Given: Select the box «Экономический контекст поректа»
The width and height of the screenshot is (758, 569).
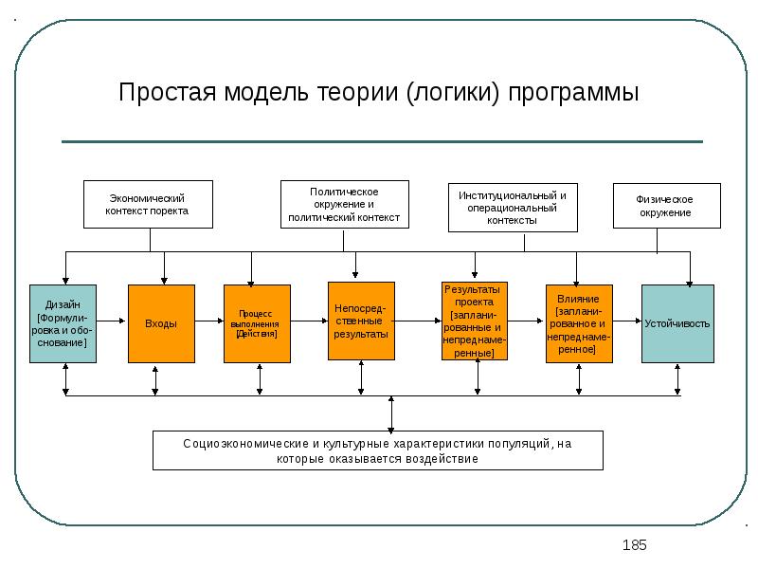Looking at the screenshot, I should pyautogui.click(x=148, y=204).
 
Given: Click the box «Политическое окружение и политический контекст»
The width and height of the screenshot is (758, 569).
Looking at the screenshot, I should pyautogui.click(x=343, y=204).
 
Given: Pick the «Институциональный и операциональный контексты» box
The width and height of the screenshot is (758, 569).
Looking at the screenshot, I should pyautogui.click(x=512, y=207).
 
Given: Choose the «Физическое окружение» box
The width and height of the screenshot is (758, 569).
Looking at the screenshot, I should pyautogui.click(x=666, y=206).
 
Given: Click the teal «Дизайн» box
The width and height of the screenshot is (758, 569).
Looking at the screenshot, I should pyautogui.click(x=63, y=322).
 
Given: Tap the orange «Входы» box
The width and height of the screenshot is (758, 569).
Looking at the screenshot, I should pyautogui.click(x=161, y=323).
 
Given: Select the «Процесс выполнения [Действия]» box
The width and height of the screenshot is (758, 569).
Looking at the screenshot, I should pyautogui.click(x=256, y=323).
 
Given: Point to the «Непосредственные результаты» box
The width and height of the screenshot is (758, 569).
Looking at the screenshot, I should pyautogui.click(x=360, y=321).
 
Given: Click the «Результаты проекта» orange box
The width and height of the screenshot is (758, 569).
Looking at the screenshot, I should pyautogui.click(x=475, y=321).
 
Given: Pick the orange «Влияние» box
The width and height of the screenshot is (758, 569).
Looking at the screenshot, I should pyautogui.click(x=578, y=323).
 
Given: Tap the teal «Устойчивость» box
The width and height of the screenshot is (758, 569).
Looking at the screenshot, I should pyautogui.click(x=677, y=323).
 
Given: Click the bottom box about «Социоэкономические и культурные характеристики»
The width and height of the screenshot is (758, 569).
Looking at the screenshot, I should pyautogui.click(x=377, y=450).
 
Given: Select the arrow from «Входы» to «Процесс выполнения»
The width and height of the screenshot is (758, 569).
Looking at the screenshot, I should pyautogui.click(x=208, y=322).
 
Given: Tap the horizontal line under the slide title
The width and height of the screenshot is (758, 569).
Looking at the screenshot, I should pyautogui.click(x=382, y=142).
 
